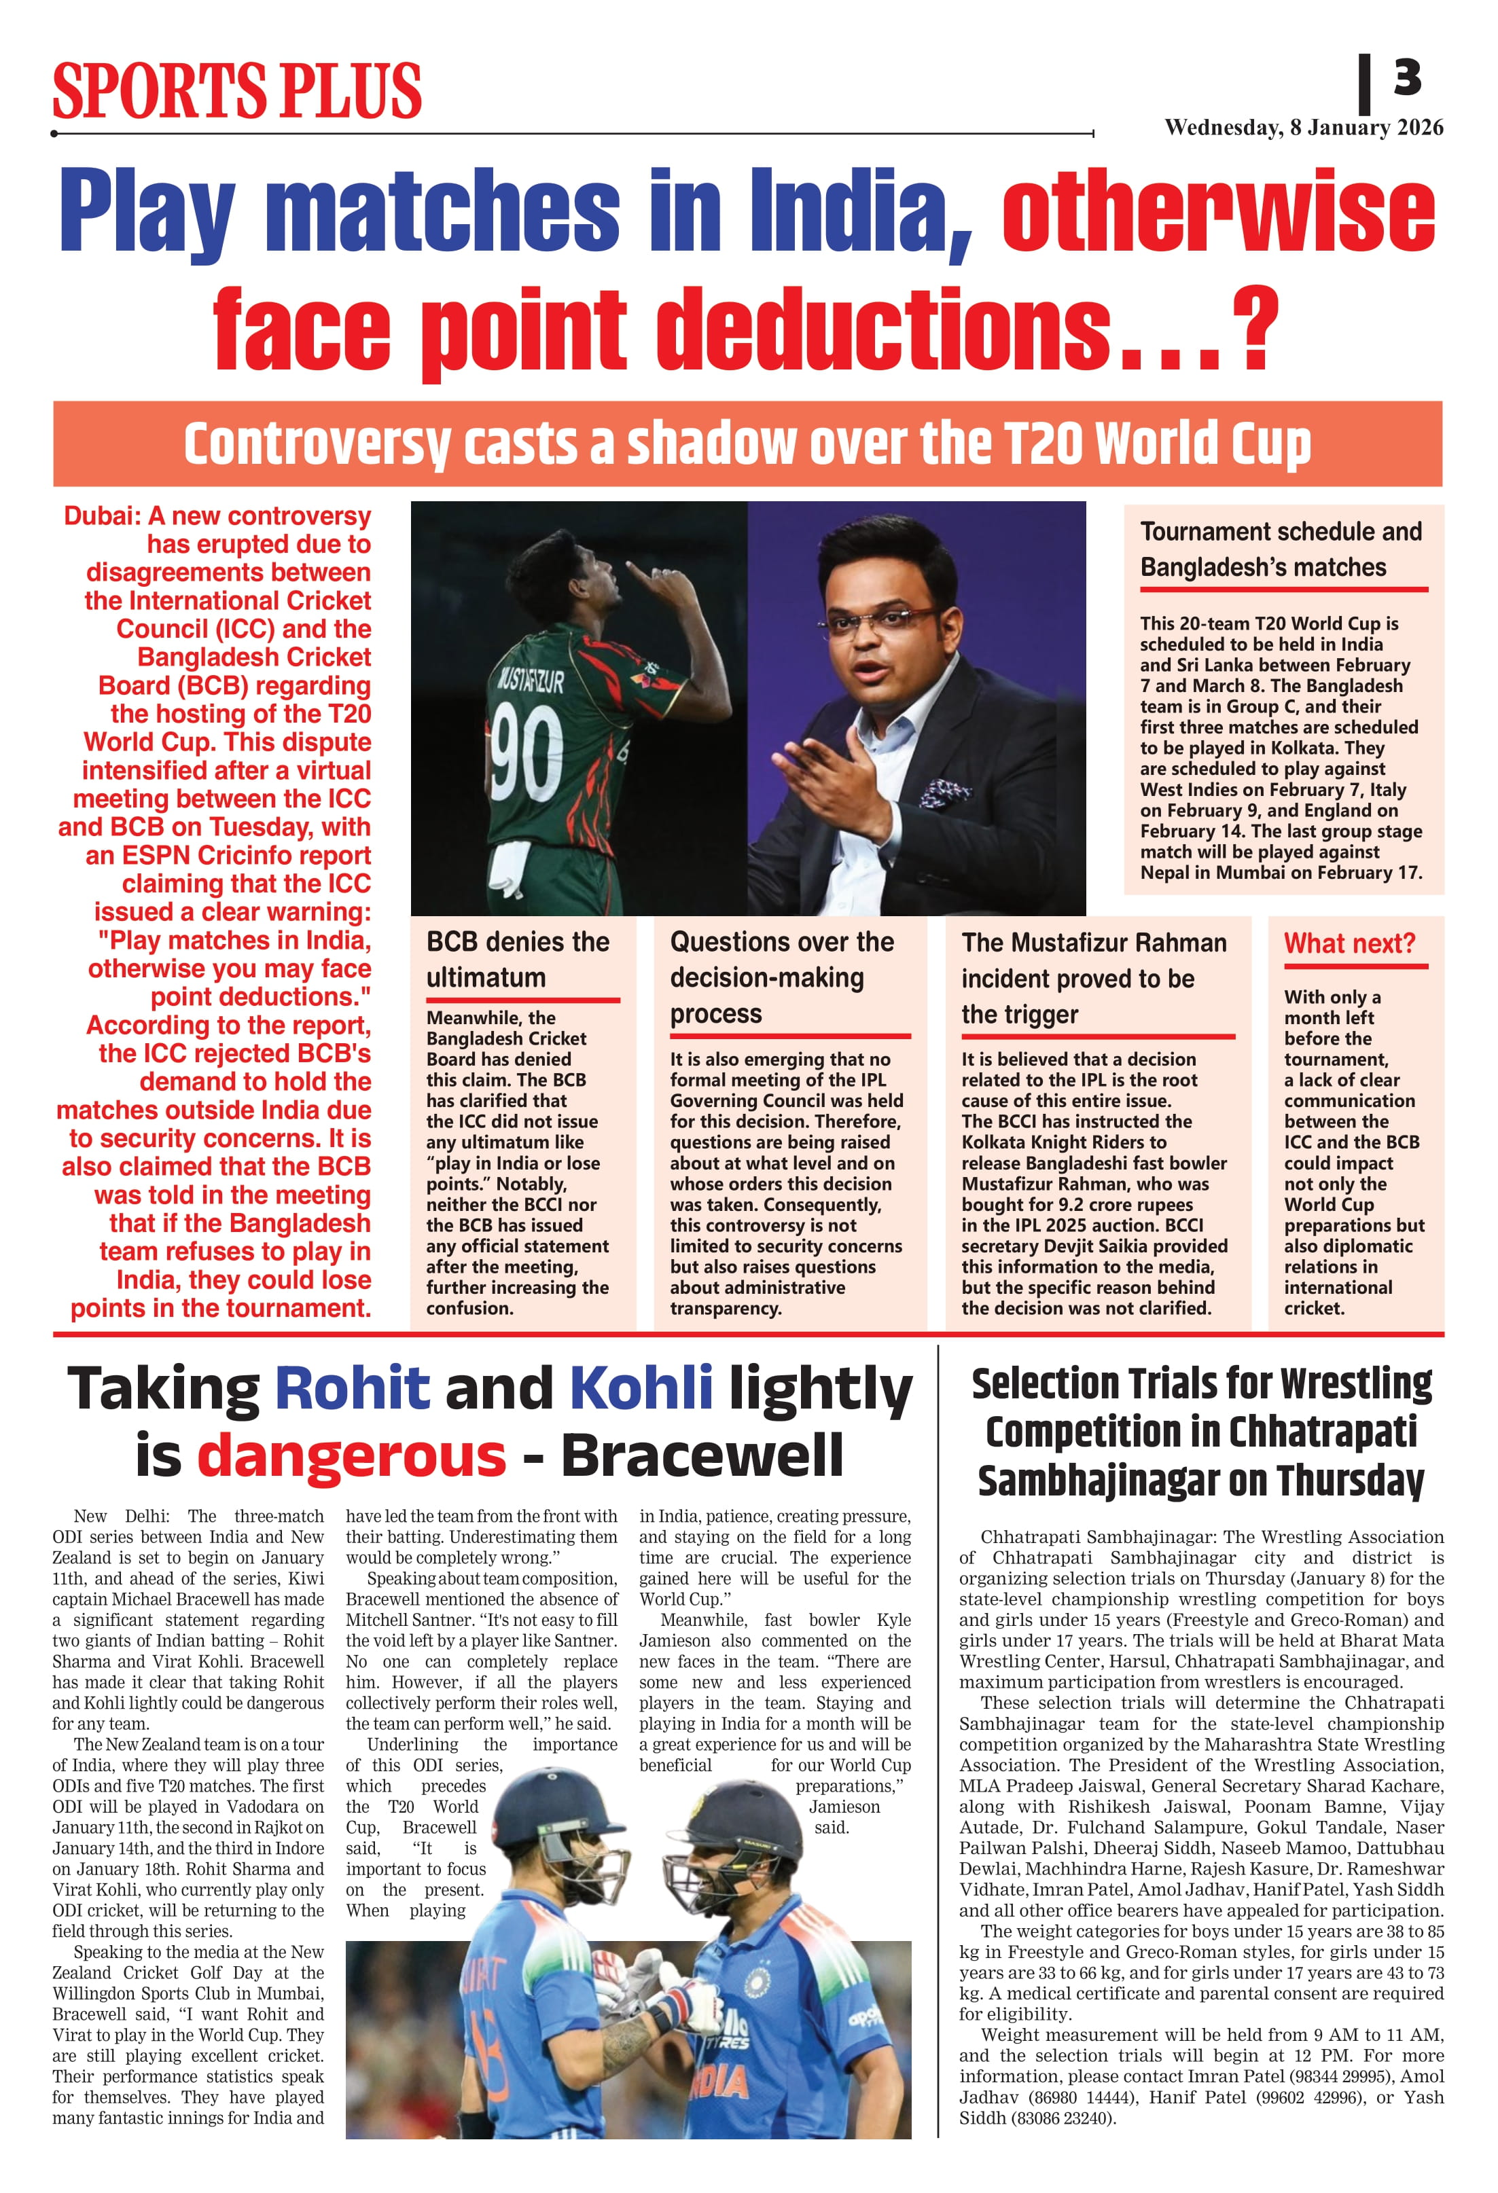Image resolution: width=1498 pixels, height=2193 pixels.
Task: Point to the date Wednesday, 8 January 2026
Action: click(x=1304, y=128)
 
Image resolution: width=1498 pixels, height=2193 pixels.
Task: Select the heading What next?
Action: click(x=1349, y=943)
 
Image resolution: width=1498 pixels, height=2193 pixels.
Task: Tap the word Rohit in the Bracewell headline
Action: click(x=352, y=1388)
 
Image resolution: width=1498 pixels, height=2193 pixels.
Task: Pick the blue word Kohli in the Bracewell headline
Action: click(x=641, y=1388)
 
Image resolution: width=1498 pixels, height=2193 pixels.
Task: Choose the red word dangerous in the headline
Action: click(x=351, y=1455)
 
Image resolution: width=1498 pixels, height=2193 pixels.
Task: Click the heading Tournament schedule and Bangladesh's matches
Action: click(x=1280, y=549)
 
